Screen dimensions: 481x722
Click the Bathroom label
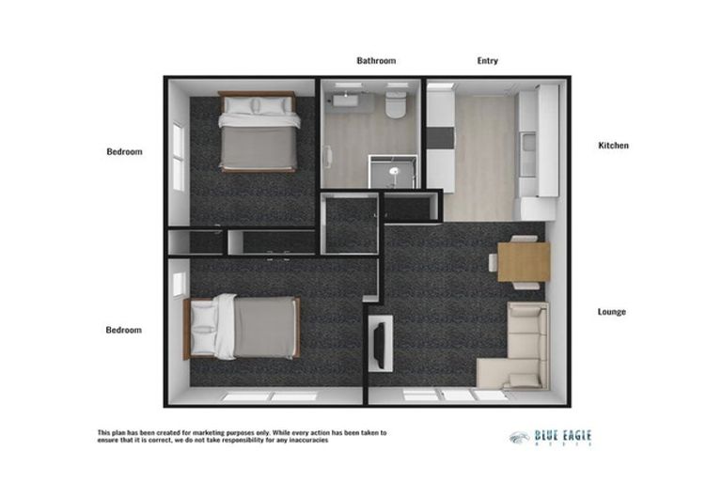pos(376,61)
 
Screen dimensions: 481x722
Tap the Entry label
pos(487,61)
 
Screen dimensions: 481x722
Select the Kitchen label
pos(613,146)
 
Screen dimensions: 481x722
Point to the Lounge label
pos(613,312)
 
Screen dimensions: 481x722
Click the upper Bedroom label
pos(124,151)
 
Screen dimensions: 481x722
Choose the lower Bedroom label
pos(124,330)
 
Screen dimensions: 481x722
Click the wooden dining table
pos(523,261)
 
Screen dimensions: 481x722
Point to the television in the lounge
pos(380,343)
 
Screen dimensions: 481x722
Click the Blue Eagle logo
pos(550,437)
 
